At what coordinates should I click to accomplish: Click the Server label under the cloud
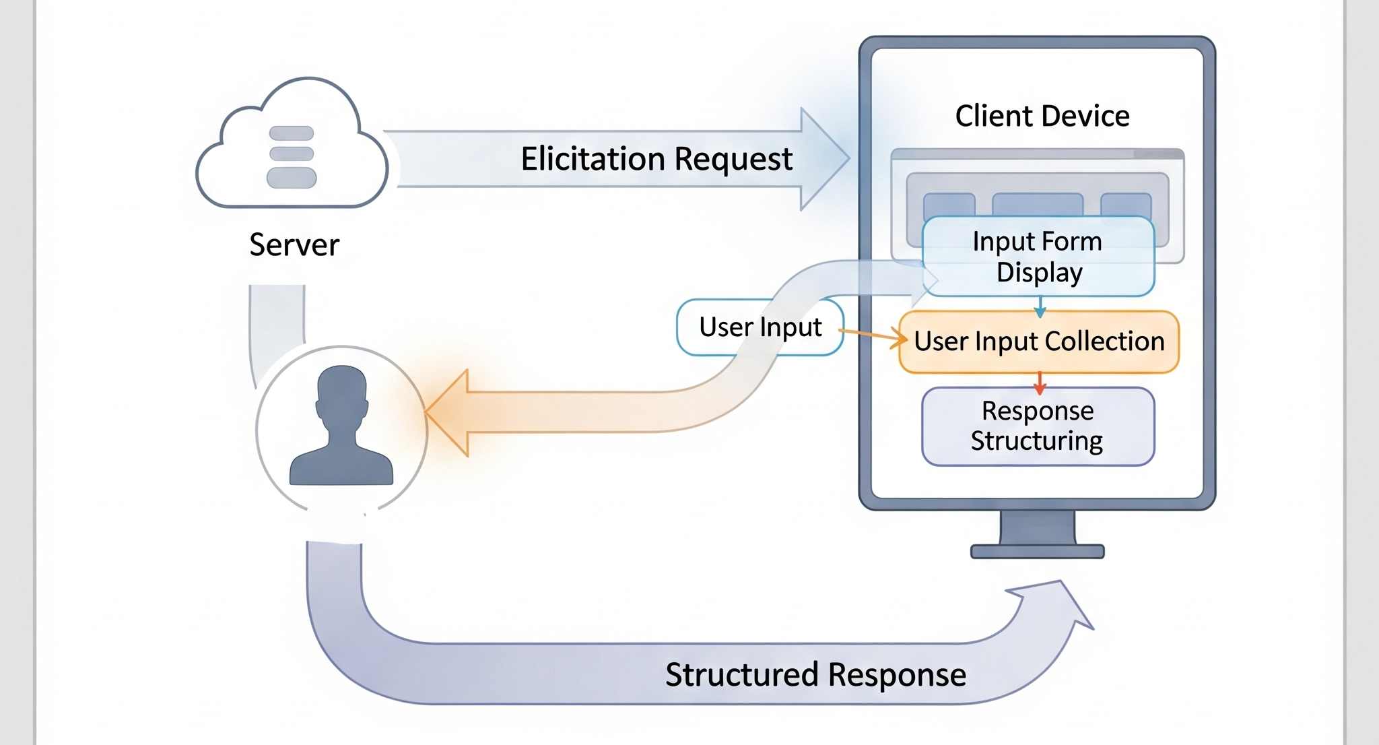(294, 245)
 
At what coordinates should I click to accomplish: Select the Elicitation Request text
(657, 159)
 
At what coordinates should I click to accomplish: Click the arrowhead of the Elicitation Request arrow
(825, 159)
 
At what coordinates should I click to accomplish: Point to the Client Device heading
(1042, 116)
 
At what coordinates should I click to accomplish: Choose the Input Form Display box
(1038, 257)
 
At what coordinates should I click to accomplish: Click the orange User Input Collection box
(1039, 342)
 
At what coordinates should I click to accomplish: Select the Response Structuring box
(1038, 426)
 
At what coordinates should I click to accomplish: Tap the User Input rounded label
(760, 327)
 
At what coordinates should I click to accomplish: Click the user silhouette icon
(341, 428)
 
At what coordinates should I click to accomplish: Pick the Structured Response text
(815, 674)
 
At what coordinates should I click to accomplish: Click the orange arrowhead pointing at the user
(447, 412)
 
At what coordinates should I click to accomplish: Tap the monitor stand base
(1037, 552)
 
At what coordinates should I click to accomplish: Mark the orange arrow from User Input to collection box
(873, 335)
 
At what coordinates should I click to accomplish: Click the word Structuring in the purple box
(1036, 441)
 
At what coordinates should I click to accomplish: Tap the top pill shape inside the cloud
(292, 133)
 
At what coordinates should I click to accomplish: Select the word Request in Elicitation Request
(733, 159)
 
